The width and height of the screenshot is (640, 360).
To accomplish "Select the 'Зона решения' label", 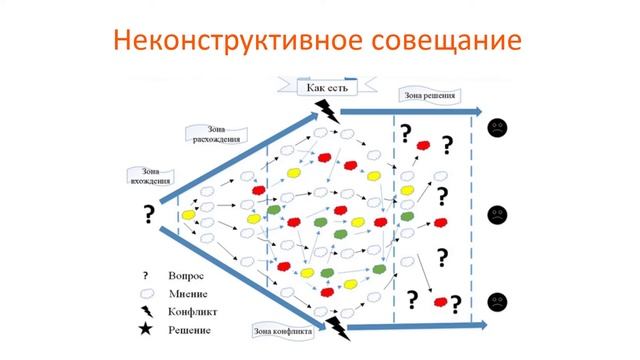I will tap(430, 96).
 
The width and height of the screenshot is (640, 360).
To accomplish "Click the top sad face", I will tap(497, 128).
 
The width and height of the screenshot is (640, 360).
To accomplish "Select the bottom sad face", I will tap(497, 299).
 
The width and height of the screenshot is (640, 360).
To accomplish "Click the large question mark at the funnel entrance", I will tap(149, 213).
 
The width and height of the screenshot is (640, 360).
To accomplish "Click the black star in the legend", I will tap(146, 329).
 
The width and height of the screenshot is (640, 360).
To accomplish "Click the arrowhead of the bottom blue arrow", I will tap(480, 325).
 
